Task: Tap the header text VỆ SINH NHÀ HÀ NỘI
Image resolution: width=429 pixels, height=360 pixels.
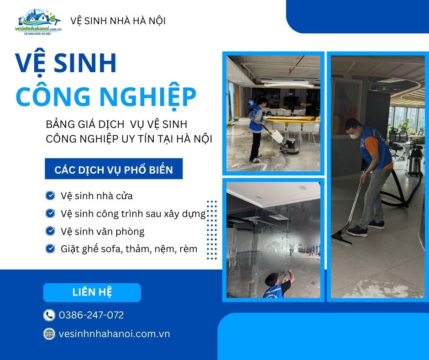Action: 118,21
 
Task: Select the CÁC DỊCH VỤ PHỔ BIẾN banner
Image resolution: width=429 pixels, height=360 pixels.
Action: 114,170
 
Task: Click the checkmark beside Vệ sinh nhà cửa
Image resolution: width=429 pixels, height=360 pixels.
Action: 50,196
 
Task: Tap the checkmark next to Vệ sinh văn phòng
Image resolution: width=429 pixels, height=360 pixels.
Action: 50,231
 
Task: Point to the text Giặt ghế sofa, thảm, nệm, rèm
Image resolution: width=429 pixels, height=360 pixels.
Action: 129,249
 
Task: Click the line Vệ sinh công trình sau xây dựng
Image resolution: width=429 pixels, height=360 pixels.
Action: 133,213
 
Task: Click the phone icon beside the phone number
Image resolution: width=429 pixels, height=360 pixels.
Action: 49,315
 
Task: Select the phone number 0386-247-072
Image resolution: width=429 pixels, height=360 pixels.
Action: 91,315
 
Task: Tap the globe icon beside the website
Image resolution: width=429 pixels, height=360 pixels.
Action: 49,334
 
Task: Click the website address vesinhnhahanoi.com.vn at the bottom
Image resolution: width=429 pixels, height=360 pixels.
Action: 115,334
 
